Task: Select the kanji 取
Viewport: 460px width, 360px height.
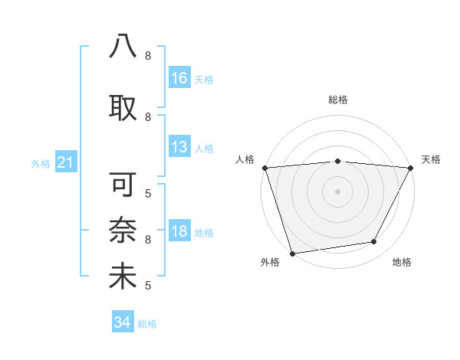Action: point(123,106)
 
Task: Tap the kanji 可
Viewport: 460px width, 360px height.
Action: point(123,185)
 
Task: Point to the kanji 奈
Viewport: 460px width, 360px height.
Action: point(123,231)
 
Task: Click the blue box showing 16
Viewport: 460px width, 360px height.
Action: point(179,78)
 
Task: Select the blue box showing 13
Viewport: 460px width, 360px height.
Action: point(179,148)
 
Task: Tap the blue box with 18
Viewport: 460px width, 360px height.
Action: point(179,232)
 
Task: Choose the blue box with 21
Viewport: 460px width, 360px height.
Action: point(65,163)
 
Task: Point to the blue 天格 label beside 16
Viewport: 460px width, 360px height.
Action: point(204,79)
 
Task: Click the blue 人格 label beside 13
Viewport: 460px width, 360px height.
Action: point(204,149)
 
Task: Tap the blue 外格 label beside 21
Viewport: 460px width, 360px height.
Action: point(41,164)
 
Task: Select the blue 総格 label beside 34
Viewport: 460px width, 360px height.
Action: point(147,323)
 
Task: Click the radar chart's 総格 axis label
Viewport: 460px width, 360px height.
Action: point(338,100)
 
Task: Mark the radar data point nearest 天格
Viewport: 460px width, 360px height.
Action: point(411,168)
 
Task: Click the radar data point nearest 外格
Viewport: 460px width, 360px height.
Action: point(292,253)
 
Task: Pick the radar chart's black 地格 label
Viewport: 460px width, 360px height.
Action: point(402,263)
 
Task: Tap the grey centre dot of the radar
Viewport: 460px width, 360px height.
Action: point(337,191)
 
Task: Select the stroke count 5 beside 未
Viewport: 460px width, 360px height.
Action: point(147,286)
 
